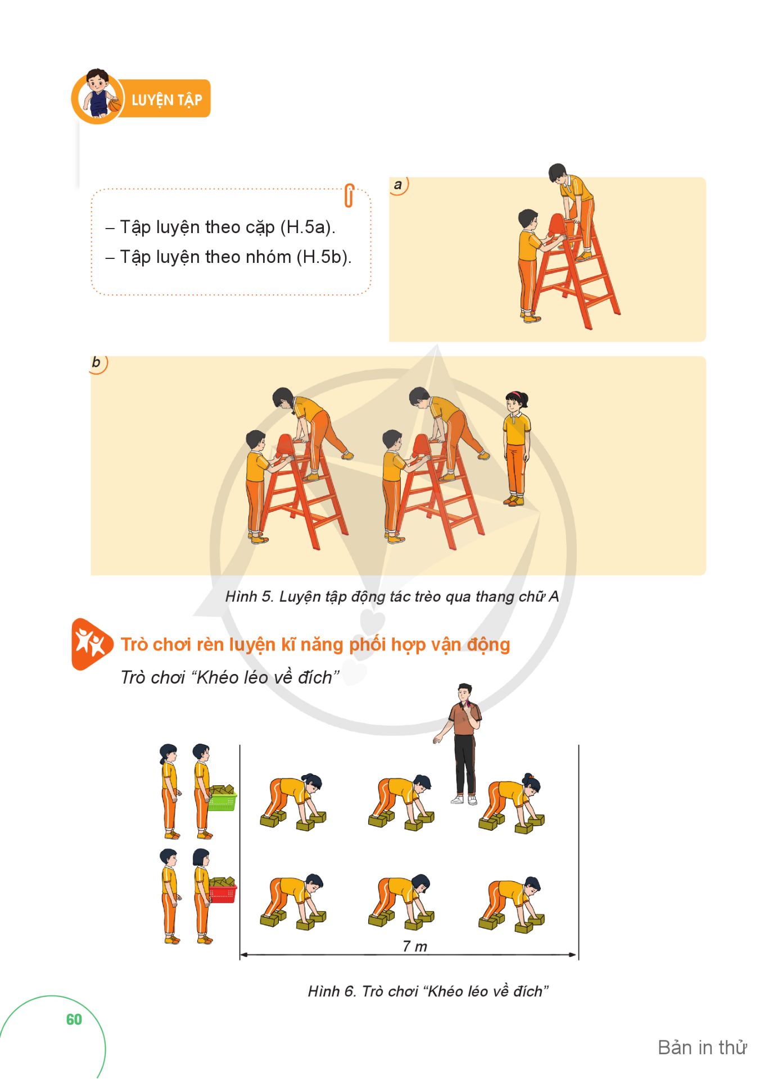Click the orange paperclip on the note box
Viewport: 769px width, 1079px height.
pos(349,195)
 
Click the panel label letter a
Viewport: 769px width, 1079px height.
pos(398,184)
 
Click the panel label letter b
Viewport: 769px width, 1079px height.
pos(96,362)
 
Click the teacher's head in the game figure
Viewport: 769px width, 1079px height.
pos(464,694)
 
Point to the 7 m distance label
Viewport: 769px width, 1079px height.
pos(415,946)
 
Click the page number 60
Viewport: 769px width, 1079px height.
pos(74,1019)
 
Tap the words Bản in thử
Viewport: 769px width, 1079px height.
pos(702,1048)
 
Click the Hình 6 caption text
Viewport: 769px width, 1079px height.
pos(428,991)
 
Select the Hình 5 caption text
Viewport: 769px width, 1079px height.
pos(392,597)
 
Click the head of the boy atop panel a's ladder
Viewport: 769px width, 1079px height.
pos(558,172)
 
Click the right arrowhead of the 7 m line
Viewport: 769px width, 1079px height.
pos(573,954)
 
